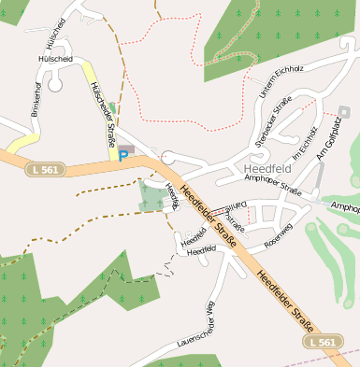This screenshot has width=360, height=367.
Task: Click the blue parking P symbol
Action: (x=122, y=155)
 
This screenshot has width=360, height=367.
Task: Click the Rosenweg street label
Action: (x=279, y=239)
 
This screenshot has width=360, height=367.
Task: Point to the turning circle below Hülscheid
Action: (x=55, y=85)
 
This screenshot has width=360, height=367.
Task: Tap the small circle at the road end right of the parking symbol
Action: (x=166, y=158)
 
